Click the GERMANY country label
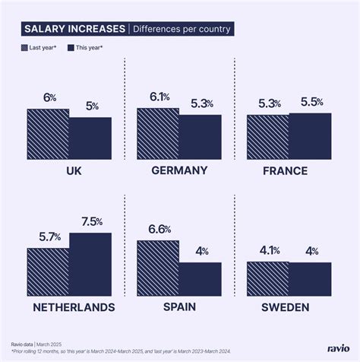(x=179, y=170)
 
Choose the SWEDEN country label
(x=286, y=307)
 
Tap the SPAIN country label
(x=179, y=307)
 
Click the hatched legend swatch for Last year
(x=24, y=47)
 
